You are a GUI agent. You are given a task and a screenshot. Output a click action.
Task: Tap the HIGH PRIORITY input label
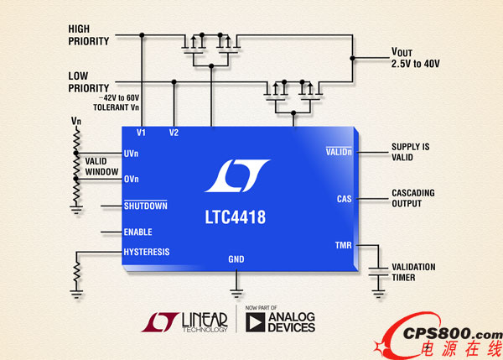point(90,35)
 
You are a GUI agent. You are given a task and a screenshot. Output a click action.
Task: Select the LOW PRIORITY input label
point(90,81)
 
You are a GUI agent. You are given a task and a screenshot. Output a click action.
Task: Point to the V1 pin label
point(141,133)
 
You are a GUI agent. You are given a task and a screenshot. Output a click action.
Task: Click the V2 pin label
point(174,133)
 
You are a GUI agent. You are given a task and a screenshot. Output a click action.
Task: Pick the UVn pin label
point(131,154)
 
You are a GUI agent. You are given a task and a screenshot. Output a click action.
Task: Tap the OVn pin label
point(131,179)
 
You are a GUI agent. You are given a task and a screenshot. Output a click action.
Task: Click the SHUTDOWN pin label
point(145,206)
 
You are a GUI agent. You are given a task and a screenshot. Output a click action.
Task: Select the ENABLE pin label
point(137,232)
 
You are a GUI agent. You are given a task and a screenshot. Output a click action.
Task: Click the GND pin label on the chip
point(236,259)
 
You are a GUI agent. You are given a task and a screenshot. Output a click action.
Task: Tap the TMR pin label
point(343,245)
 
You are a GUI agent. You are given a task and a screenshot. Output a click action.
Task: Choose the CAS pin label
point(344,199)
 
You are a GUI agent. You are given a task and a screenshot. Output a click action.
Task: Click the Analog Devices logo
point(281,323)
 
